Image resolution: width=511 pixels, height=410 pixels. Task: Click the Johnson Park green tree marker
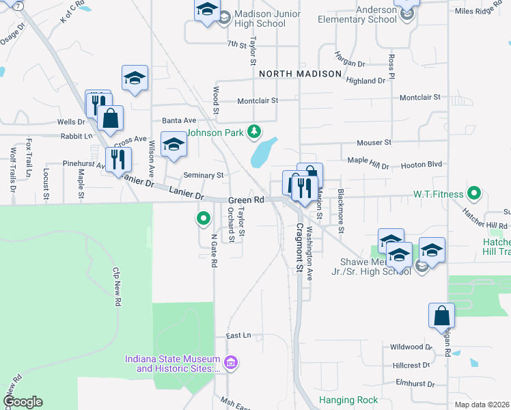(254, 130)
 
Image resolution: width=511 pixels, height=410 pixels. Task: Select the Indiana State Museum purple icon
(231, 361)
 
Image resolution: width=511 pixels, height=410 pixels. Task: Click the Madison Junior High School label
(260, 18)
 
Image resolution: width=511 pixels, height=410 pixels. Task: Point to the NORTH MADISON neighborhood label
(300, 74)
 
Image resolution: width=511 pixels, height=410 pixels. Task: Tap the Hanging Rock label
(348, 400)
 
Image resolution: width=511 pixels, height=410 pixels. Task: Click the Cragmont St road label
(299, 248)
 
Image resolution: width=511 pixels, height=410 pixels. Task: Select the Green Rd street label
(246, 200)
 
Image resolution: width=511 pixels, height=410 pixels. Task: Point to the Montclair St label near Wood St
(258, 100)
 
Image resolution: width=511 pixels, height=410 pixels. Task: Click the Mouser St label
(374, 143)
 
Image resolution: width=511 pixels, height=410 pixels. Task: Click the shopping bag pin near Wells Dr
(110, 118)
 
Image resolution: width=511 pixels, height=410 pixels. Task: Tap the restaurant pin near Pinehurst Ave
(118, 159)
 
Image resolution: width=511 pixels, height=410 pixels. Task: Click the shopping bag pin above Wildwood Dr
(441, 315)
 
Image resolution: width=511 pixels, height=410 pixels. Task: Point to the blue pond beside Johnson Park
(263, 152)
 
